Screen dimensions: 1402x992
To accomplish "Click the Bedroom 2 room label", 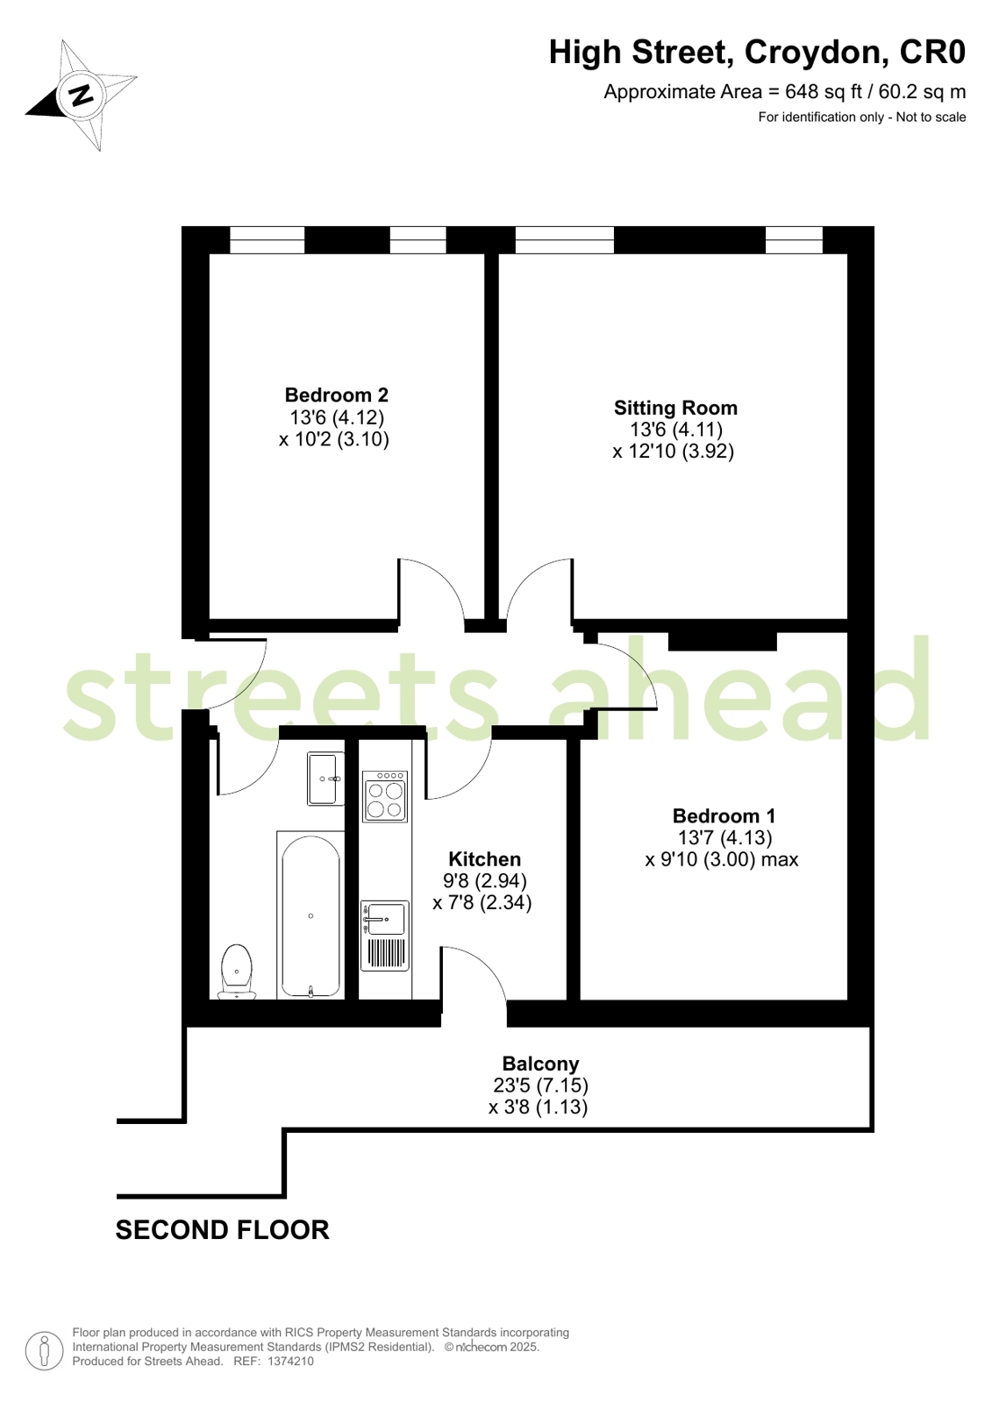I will (x=336, y=395).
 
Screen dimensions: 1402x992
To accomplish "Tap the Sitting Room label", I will (x=675, y=408).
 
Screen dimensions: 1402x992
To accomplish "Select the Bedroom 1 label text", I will (x=724, y=816).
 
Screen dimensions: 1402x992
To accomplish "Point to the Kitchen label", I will (x=484, y=859).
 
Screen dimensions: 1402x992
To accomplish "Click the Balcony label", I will (x=540, y=1064).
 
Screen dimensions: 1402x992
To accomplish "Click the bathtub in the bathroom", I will (x=310, y=915).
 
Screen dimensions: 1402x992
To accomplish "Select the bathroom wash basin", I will (x=325, y=778).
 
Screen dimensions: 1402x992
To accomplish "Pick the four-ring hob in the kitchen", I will (x=385, y=797).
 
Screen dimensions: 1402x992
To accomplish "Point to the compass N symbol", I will (x=82, y=94).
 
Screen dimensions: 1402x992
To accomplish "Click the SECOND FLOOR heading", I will (x=222, y=1230).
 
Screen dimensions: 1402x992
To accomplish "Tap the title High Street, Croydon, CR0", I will (x=757, y=53).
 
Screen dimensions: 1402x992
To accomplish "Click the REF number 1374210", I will (x=290, y=1362).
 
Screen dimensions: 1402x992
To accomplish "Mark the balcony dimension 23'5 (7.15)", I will (x=540, y=1085).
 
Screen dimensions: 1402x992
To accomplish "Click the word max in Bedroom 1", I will (x=780, y=859).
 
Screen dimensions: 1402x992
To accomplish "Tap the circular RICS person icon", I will (x=44, y=1350).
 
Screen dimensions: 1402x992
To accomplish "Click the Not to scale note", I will (x=931, y=117).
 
